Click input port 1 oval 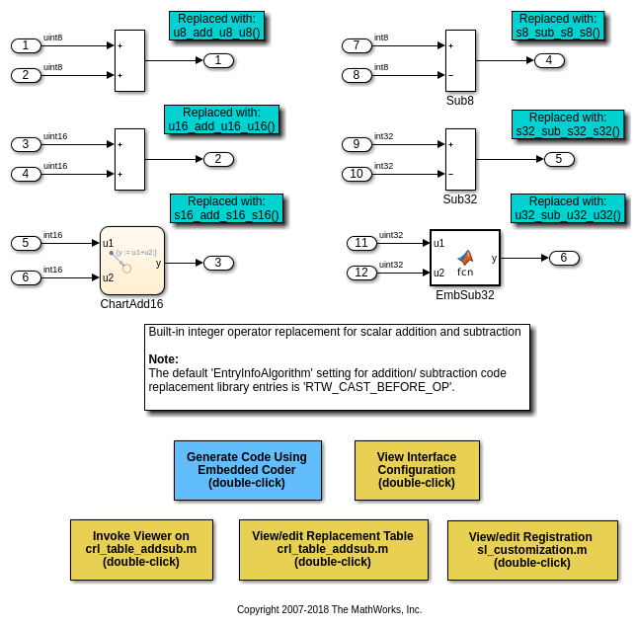pos(26,45)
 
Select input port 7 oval pos(357,45)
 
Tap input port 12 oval pos(361,273)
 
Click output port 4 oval pos(549,60)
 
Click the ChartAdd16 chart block pos(131,261)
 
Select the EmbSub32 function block pos(464,258)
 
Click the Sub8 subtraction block pos(460,60)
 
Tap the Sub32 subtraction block pos(460,159)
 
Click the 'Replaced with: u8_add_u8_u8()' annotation pos(216,26)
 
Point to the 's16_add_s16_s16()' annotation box pos(226,208)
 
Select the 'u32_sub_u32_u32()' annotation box pos(568,208)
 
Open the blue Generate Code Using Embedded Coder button pos(247,470)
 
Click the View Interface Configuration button pos(417,470)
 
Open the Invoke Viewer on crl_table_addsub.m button pos(141,549)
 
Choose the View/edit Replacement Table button pos(333,549)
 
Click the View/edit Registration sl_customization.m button pos(532,550)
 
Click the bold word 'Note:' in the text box pos(164,359)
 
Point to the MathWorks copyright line pos(329,610)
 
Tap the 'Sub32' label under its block pos(459,198)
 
